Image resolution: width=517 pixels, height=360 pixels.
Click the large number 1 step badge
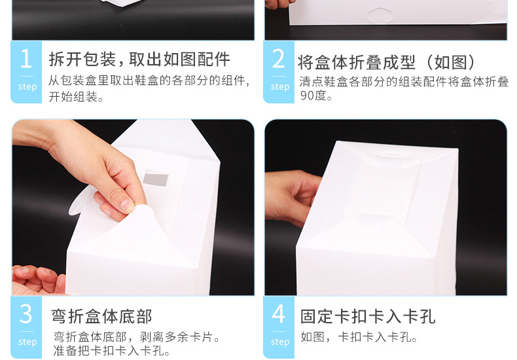pyautogui.click(x=26, y=72)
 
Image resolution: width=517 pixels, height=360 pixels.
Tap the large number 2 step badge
pyautogui.click(x=279, y=72)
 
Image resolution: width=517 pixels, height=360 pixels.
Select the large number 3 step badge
pyautogui.click(x=26, y=327)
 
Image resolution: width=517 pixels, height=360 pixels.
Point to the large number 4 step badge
pyautogui.click(x=279, y=327)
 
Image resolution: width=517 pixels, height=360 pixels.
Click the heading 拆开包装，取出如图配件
pyautogui.click(x=139, y=60)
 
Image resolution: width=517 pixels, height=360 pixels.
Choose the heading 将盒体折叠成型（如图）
pyautogui.click(x=386, y=62)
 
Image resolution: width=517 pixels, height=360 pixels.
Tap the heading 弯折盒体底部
pyautogui.click(x=101, y=317)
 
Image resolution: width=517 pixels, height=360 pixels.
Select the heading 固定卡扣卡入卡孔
pyautogui.click(x=368, y=317)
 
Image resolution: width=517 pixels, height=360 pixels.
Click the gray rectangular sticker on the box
pyautogui.click(x=156, y=178)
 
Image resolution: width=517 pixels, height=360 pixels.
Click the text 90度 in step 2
pyautogui.click(x=313, y=96)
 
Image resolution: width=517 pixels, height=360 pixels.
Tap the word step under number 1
pyautogui.click(x=27, y=86)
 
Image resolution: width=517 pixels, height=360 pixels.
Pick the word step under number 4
pyautogui.click(x=280, y=342)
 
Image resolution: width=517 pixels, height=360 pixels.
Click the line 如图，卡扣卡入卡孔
pyautogui.click(x=359, y=337)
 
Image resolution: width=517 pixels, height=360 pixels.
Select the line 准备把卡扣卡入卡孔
pyautogui.click(x=111, y=351)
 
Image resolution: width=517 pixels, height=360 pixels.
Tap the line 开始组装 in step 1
pyautogui.click(x=76, y=97)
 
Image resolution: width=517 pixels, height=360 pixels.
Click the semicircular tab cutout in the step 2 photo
pyautogui.click(x=380, y=15)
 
